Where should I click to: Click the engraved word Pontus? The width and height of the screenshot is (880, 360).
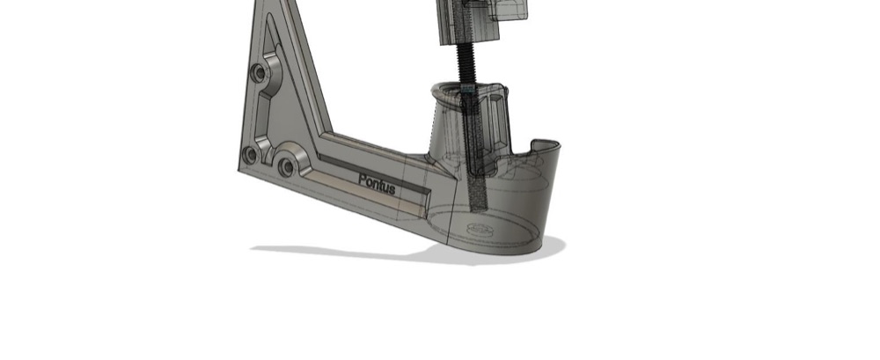coord(377,184)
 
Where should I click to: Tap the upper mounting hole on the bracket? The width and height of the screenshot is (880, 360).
coord(259,72)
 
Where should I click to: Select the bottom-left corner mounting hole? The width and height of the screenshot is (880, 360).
coord(250,155)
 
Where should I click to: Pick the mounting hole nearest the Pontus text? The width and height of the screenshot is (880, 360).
coord(287,166)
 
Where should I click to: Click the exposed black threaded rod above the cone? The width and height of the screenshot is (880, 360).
coord(466,63)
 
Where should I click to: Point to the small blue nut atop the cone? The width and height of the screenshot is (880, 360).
coord(467,89)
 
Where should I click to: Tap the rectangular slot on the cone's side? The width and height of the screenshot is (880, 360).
coord(496,120)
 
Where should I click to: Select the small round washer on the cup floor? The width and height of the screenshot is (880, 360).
coord(480,229)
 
